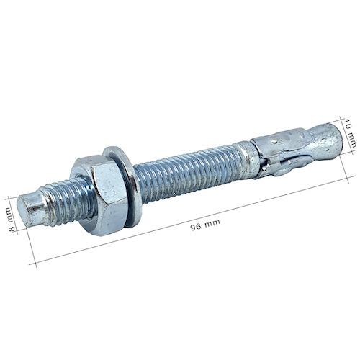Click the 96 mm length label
click(205, 225)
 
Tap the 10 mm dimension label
click(351, 132)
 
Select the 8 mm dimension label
click(10, 219)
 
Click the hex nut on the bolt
click(99, 195)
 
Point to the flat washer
click(122, 187)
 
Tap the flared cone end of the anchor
click(325, 142)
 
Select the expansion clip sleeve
click(279, 153)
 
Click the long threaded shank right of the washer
click(189, 175)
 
